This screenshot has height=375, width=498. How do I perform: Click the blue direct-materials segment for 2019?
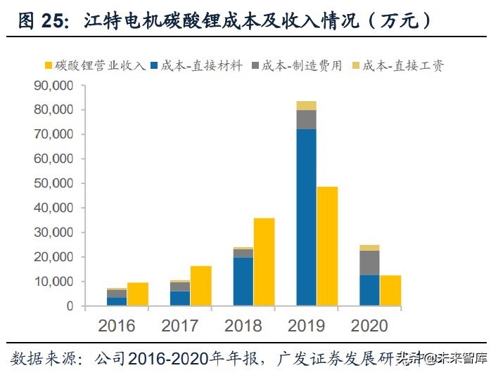tap(306, 217)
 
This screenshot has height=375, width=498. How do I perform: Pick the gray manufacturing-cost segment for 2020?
tap(369, 263)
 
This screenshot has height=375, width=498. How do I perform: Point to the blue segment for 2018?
tap(243, 282)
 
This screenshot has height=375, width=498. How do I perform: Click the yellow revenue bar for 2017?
tap(200, 286)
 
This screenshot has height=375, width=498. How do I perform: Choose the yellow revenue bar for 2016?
tap(138, 294)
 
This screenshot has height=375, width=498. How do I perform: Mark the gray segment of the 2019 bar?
tap(306, 119)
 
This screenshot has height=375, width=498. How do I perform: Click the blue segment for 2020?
tap(369, 290)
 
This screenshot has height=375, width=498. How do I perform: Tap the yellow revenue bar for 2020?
tap(390, 291)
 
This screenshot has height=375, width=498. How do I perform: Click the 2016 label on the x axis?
tap(117, 325)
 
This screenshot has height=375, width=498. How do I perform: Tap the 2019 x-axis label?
tap(306, 325)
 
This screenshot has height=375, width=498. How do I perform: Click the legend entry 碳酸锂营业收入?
tap(95, 65)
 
